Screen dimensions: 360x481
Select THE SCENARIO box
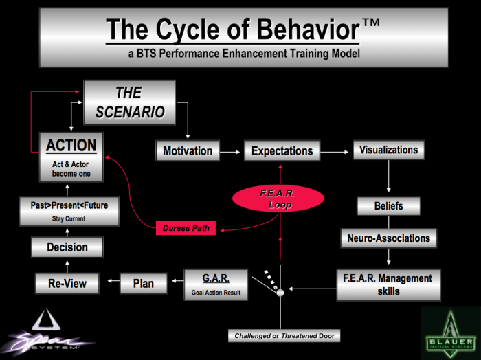[x=129, y=102]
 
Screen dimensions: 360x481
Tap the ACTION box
[x=71, y=157]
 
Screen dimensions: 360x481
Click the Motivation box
[x=188, y=150]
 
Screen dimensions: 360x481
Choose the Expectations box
[x=282, y=150]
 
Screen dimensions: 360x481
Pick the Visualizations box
[x=388, y=150]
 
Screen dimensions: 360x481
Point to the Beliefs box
[x=388, y=206]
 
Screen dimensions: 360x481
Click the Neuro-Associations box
[x=388, y=238]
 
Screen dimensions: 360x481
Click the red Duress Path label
[x=185, y=228]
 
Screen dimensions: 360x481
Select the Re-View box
[x=67, y=283]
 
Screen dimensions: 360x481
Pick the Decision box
[x=67, y=247]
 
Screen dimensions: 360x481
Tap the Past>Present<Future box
[x=68, y=210]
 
